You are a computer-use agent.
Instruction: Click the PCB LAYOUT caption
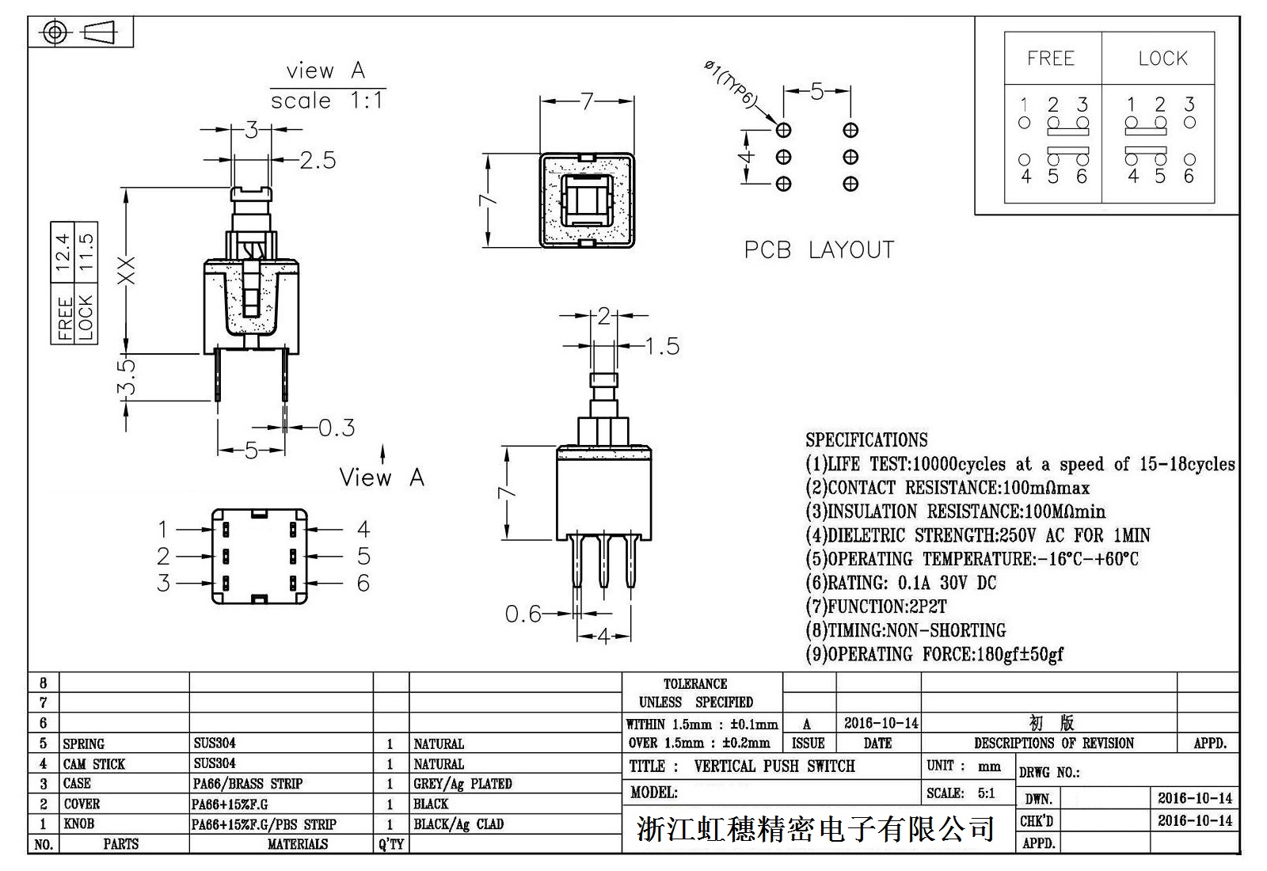(x=819, y=250)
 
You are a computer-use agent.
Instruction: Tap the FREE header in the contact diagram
(x=1051, y=59)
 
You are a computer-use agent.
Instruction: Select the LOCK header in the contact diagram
(x=1162, y=59)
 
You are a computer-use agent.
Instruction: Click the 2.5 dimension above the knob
(x=318, y=161)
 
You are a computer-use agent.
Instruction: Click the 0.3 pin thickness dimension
(x=337, y=428)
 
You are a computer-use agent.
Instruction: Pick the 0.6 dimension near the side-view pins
(x=523, y=614)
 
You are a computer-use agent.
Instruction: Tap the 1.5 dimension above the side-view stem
(x=662, y=346)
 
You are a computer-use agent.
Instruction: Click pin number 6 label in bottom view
(x=363, y=584)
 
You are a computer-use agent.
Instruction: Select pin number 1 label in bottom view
(x=163, y=529)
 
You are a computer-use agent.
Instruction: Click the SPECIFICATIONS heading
(x=866, y=440)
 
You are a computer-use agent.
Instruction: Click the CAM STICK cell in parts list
(x=94, y=764)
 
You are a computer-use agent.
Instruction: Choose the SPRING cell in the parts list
(x=83, y=744)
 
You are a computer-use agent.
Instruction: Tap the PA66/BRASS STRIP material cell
(x=248, y=784)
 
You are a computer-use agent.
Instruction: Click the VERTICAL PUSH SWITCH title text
(x=774, y=766)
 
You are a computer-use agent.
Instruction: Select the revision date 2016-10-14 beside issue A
(x=881, y=723)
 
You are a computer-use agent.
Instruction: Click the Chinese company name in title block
(x=816, y=829)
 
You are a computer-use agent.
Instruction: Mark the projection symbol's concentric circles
(x=55, y=32)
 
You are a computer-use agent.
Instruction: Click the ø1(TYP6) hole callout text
(x=730, y=85)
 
